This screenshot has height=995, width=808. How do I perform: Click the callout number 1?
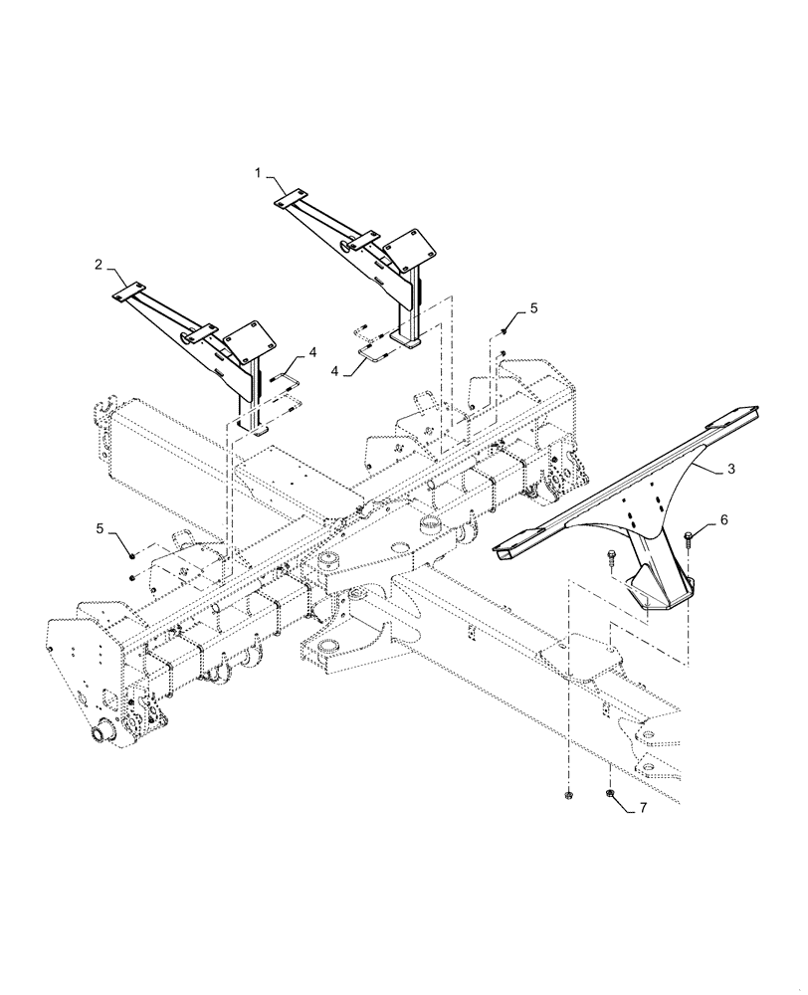tap(258, 173)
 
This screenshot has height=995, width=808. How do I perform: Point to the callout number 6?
tap(723, 520)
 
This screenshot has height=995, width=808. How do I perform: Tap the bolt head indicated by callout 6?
tap(689, 538)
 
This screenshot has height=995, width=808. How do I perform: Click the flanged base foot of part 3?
tap(656, 599)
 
